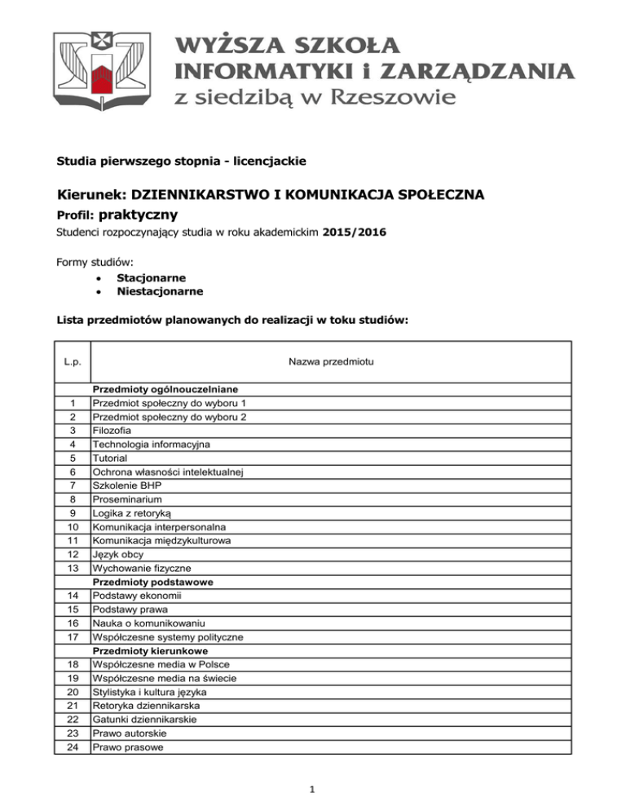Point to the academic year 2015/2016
point(355,233)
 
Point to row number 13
point(73,567)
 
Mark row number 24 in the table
point(73,746)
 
